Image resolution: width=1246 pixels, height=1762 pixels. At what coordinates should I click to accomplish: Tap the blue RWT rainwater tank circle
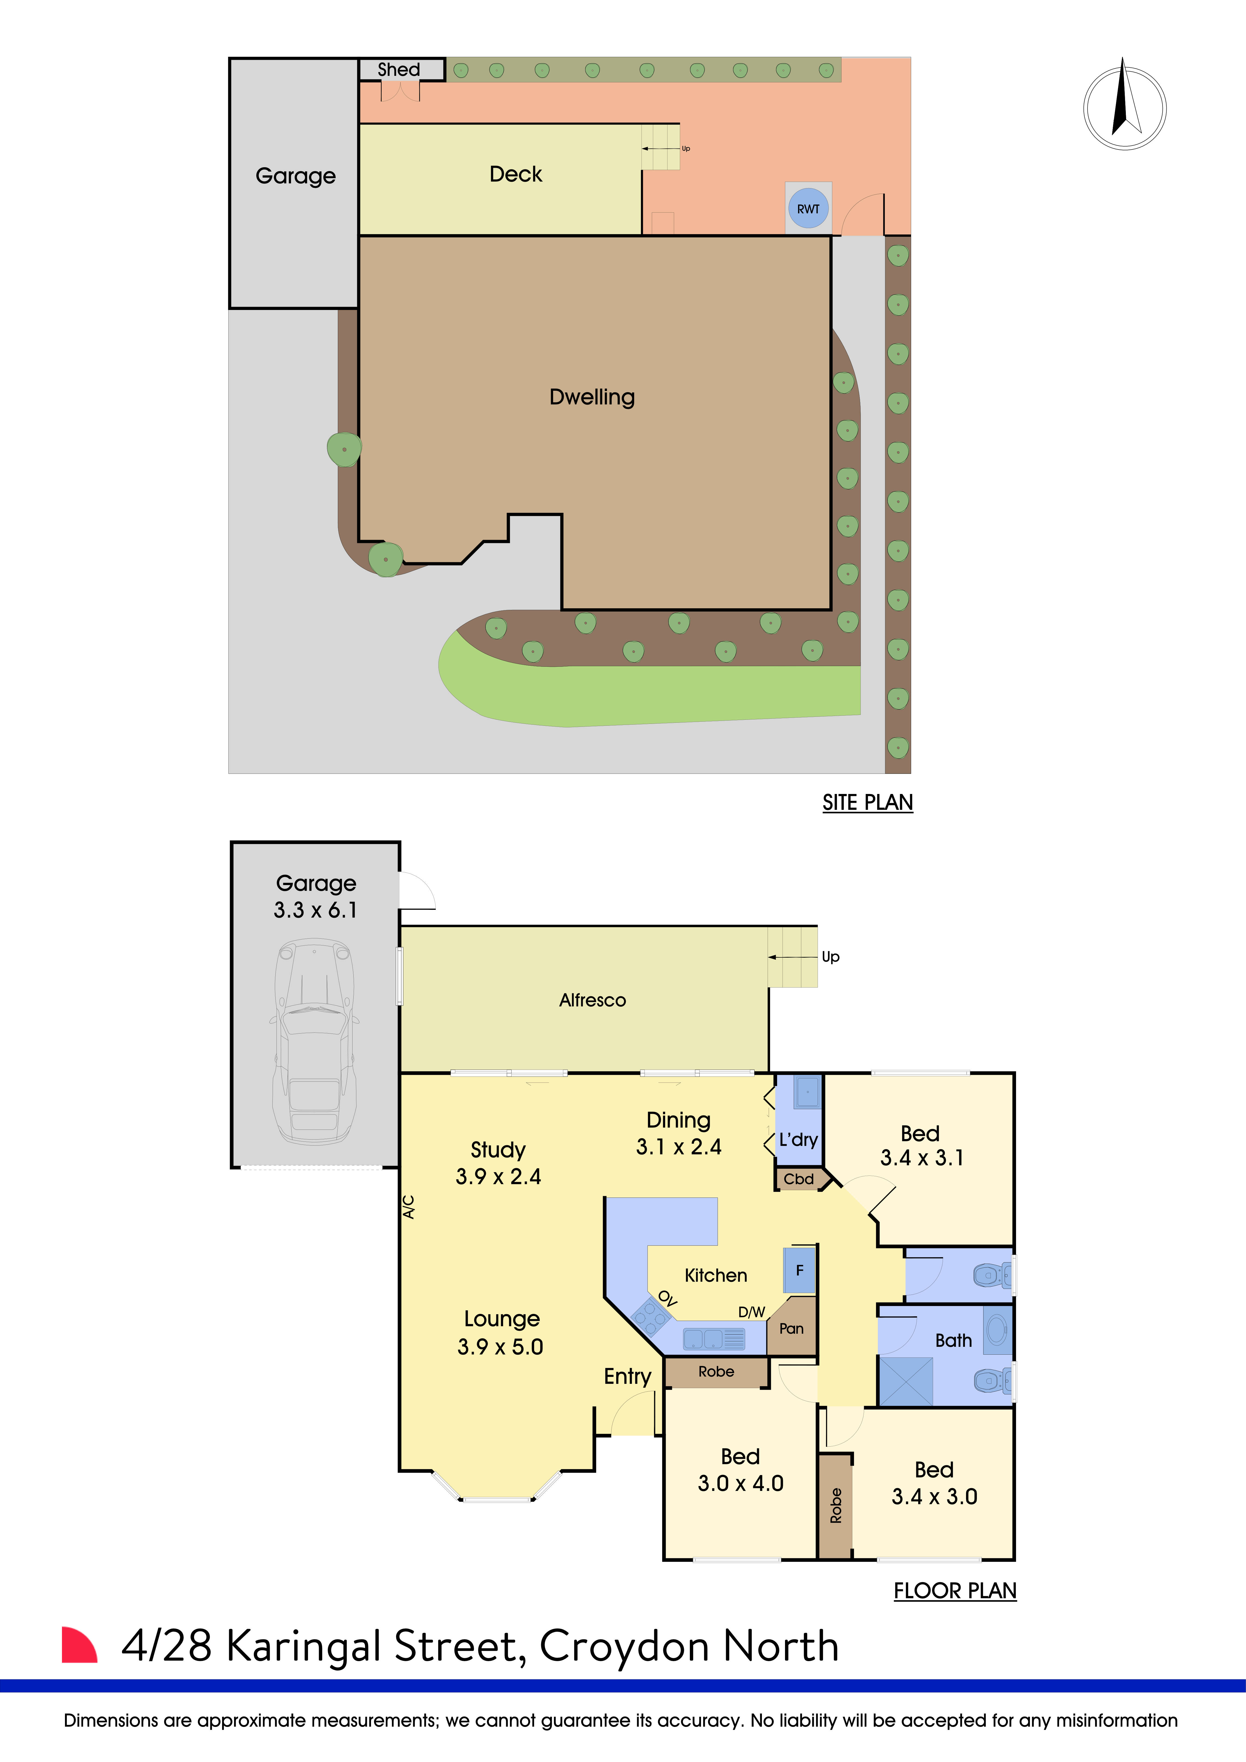click(x=808, y=209)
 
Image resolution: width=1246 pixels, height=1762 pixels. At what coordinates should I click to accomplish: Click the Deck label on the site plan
click(x=516, y=174)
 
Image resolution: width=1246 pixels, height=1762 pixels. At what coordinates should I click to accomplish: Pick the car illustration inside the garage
click(x=314, y=1044)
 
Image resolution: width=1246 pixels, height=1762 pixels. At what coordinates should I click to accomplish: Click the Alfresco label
click(x=592, y=1000)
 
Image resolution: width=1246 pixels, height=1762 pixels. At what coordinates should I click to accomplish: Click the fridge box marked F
click(x=799, y=1270)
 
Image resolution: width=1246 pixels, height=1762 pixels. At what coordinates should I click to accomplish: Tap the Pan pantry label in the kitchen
click(x=791, y=1328)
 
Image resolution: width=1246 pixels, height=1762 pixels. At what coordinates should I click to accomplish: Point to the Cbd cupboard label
click(x=799, y=1179)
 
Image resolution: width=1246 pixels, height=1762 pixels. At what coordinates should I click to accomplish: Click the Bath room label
click(x=953, y=1341)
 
